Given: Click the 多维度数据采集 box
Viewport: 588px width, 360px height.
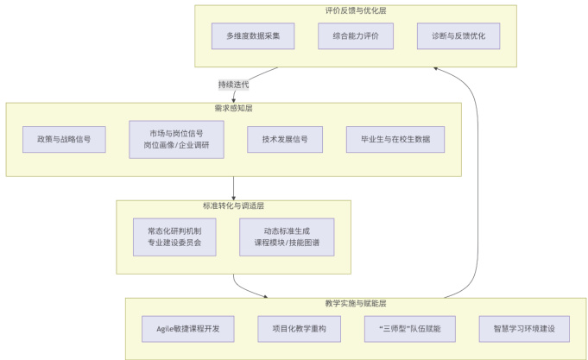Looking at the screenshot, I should point(253,36).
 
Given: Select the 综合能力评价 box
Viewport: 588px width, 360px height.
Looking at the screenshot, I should point(355,36).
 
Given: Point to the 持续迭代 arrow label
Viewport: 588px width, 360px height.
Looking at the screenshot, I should point(233,85).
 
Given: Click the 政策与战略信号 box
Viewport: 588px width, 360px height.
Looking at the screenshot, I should point(65,139).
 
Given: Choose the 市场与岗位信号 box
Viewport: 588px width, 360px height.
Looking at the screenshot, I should point(176,139).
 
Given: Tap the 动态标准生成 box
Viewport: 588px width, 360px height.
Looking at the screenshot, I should point(287,237).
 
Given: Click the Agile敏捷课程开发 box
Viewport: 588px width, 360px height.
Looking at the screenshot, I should point(188,329).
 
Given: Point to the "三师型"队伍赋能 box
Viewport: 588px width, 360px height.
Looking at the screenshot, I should point(409,329).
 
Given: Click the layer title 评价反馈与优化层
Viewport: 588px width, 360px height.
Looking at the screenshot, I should point(355,11).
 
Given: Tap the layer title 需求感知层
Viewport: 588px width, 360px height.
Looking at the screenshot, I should point(233,109).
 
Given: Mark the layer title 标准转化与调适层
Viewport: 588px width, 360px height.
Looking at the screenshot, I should point(233,206).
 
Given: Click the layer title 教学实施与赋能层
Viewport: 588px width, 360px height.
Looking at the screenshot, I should point(355,303).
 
